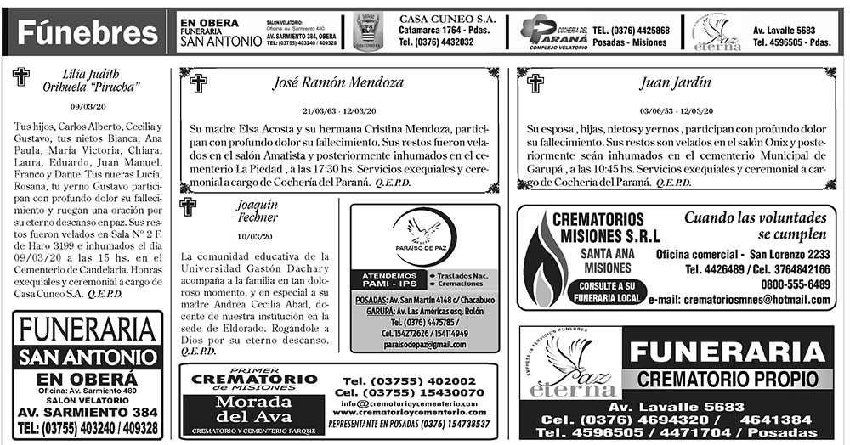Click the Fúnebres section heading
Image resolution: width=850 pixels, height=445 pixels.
click(83, 33)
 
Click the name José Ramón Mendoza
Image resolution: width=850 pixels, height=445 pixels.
click(339, 83)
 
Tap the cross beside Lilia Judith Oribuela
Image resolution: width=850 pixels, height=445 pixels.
click(21, 78)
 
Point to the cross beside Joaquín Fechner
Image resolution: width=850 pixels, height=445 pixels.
click(188, 206)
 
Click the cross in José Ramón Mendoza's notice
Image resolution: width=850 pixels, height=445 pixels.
click(198, 83)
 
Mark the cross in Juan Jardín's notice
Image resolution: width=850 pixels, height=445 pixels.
click(535, 83)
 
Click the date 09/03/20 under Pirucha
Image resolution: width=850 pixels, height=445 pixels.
click(88, 107)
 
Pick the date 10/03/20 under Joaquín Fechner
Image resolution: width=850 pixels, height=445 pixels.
click(255, 235)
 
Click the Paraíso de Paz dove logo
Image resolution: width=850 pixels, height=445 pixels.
click(422, 234)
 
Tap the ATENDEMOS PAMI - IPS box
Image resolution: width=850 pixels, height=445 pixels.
click(389, 281)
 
